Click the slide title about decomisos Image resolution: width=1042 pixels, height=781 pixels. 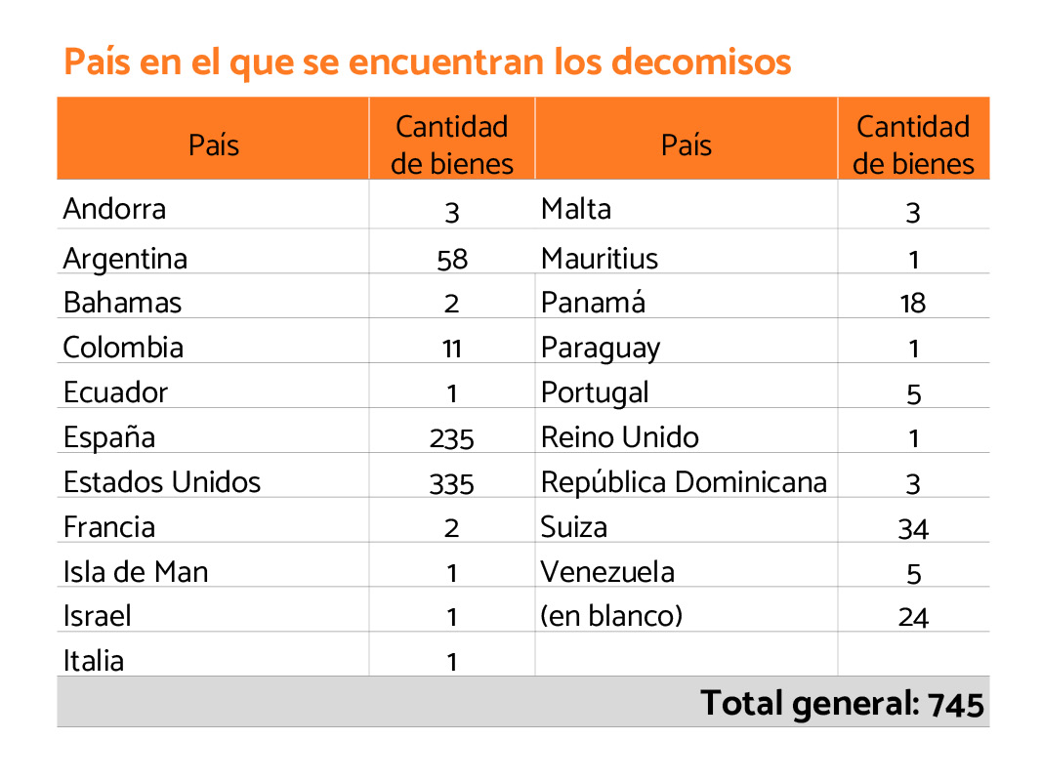click(x=427, y=62)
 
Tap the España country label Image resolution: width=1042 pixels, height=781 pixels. click(x=108, y=437)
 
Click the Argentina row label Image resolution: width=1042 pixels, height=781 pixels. click(x=125, y=259)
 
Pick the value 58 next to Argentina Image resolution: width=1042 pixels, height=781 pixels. click(x=451, y=260)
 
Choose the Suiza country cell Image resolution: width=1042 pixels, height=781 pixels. click(x=574, y=527)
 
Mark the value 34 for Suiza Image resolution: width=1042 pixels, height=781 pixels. click(x=913, y=529)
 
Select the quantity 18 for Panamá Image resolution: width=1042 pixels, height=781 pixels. click(x=913, y=304)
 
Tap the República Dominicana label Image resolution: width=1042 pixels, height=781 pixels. click(x=684, y=482)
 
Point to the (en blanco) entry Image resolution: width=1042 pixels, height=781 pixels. click(x=611, y=616)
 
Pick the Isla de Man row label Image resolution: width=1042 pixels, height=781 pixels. click(x=136, y=571)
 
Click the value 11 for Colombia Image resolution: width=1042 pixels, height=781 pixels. click(x=451, y=349)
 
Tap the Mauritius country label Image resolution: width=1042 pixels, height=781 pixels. click(x=600, y=259)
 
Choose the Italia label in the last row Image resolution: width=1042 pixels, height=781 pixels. click(x=94, y=661)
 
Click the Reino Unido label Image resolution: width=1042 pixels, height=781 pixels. click(x=620, y=437)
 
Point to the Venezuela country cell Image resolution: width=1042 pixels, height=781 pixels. click(x=607, y=571)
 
